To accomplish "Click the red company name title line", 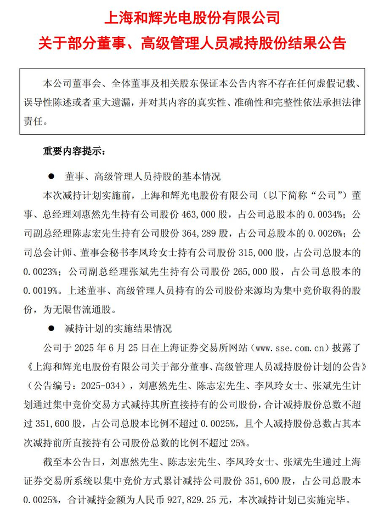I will (x=192, y=18).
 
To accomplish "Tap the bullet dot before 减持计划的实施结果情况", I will (x=52, y=329).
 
